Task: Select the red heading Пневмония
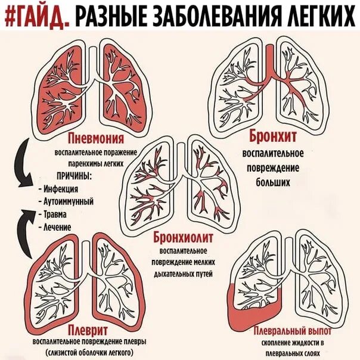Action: tap(96, 139)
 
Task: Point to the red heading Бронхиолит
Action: tap(183, 237)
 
